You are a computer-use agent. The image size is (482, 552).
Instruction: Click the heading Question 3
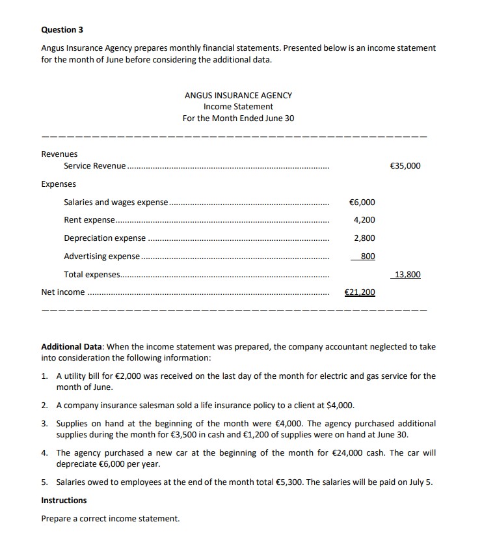(62, 30)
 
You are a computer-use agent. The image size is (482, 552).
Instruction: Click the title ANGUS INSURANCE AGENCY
(238, 95)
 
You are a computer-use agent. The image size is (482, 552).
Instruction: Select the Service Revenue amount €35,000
(405, 165)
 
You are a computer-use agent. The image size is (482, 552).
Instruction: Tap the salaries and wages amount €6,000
(362, 202)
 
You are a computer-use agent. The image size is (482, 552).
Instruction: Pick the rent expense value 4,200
(364, 220)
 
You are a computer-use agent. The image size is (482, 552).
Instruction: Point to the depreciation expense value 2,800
(364, 238)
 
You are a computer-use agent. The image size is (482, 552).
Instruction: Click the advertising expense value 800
(368, 256)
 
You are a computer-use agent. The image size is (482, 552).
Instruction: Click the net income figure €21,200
(360, 292)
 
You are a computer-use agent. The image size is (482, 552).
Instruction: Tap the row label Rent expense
(89, 220)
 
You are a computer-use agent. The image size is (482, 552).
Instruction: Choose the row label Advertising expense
(101, 256)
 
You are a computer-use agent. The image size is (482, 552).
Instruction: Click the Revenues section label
(59, 154)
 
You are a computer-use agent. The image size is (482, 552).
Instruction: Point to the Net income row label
(63, 292)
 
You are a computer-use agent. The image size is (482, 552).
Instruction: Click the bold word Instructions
(64, 500)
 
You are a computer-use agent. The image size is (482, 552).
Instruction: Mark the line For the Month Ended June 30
(238, 118)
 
